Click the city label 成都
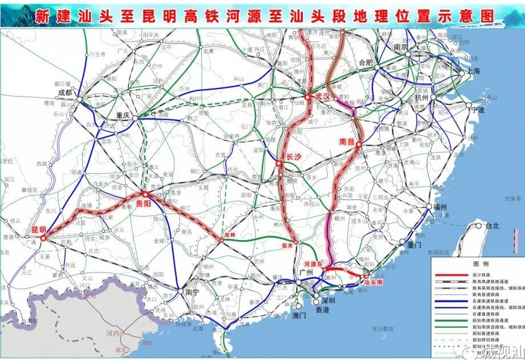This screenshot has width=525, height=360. point(65,92)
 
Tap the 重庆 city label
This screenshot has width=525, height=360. point(123,114)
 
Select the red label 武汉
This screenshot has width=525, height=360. point(323,97)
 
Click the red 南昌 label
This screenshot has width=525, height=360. point(347,140)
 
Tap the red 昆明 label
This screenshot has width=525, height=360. point(38,229)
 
